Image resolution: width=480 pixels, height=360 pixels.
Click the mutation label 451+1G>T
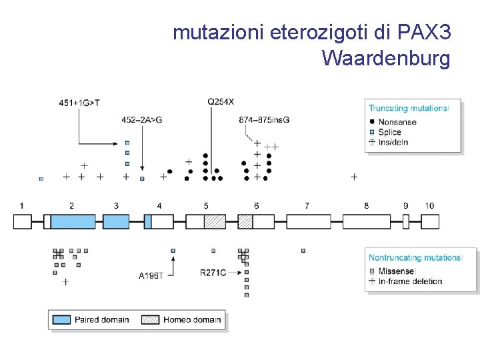tap(79, 103)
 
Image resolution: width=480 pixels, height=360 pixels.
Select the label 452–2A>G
tap(141, 120)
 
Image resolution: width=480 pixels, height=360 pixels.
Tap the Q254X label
tap(221, 101)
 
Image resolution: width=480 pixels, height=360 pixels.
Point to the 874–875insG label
tap(264, 120)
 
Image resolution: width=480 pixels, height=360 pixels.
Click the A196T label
tap(151, 275)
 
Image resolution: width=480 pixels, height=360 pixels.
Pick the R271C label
tap(213, 273)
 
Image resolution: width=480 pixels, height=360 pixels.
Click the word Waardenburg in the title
tap(386, 59)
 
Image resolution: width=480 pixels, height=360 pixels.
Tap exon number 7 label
tap(307, 206)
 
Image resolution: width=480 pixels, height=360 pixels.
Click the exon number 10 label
tap(429, 206)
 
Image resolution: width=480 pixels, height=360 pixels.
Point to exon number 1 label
tap(22, 206)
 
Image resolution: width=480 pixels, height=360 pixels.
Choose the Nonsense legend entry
tap(397, 122)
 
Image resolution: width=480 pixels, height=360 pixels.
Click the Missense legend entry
tap(396, 271)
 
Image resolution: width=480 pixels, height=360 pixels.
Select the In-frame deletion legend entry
tap(410, 281)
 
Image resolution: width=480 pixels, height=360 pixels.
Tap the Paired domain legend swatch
tap(62, 319)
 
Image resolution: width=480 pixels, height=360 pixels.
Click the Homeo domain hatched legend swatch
tap(151, 319)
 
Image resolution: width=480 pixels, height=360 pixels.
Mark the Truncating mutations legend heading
tap(408, 108)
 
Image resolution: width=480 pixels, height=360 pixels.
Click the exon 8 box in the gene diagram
tap(366, 221)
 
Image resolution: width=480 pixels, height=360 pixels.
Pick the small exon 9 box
tap(406, 221)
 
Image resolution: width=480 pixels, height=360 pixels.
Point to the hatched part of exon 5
tap(215, 221)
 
